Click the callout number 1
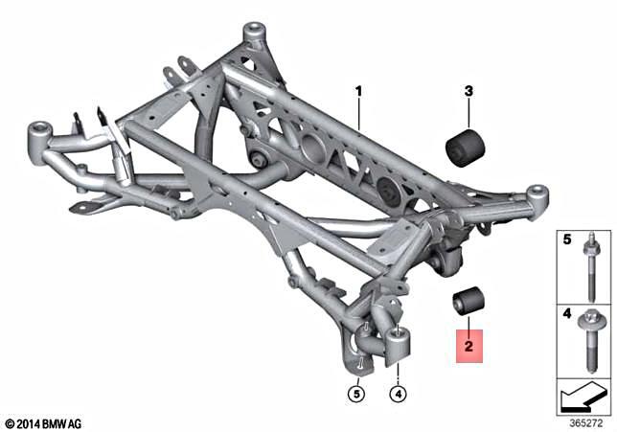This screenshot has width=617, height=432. [358, 92]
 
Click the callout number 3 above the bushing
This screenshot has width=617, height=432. [469, 91]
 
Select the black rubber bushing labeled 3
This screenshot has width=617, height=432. [468, 146]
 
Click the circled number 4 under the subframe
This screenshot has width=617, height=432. [398, 392]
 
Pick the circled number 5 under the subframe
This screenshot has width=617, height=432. [355, 392]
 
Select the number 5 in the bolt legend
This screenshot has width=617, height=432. [567, 239]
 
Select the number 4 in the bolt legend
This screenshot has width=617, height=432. [567, 314]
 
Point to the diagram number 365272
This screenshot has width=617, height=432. [583, 422]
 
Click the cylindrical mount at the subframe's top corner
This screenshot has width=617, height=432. [254, 34]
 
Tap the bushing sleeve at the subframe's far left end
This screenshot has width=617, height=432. [40, 130]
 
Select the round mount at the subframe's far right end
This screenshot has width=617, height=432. [538, 195]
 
